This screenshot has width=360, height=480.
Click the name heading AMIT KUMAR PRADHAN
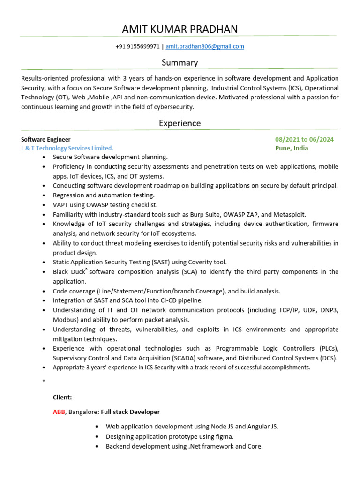[x=180, y=30]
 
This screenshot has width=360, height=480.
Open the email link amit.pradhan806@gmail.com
[x=205, y=47]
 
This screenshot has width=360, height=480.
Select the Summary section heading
[x=180, y=62]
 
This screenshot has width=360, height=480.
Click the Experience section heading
[x=180, y=123]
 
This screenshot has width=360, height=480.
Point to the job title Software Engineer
[x=46, y=139]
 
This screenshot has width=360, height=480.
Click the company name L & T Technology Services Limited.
[x=67, y=148]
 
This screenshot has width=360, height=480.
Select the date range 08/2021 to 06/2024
[x=305, y=139]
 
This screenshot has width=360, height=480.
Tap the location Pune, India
[x=292, y=148]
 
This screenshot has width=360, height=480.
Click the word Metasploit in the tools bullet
[x=290, y=214]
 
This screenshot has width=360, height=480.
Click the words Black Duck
[x=69, y=272]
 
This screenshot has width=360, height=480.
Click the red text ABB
[x=60, y=412]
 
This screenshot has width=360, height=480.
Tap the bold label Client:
[x=62, y=397]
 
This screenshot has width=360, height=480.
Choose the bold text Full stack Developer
[x=130, y=412]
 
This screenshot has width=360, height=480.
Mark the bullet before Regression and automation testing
[x=44, y=195]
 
